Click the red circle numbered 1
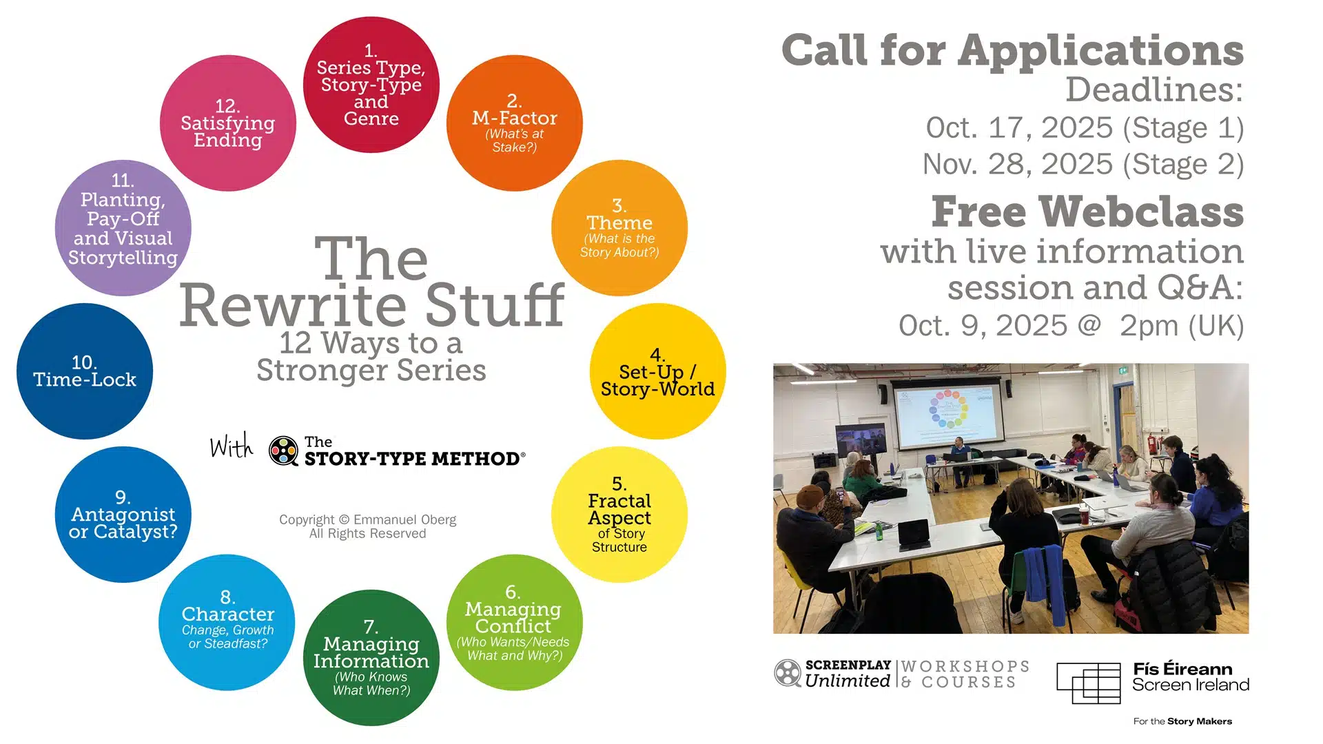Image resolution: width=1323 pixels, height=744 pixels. (371, 85)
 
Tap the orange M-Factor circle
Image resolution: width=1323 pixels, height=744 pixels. (514, 123)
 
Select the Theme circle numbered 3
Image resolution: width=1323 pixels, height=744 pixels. (619, 228)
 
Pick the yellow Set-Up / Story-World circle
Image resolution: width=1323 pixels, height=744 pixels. (657, 371)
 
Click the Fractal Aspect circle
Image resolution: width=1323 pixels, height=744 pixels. (619, 515)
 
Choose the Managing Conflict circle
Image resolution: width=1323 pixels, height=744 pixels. (514, 622)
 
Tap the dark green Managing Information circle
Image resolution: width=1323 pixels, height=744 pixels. (371, 658)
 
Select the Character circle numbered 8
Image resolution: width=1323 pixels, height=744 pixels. (227, 622)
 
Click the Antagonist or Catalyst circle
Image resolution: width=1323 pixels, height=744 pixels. (123, 515)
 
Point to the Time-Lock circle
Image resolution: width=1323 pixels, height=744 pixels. (84, 371)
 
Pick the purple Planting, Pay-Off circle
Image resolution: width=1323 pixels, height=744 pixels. (123, 228)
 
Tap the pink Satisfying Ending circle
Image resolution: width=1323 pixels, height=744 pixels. (227, 123)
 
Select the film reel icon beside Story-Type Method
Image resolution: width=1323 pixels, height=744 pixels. (283, 451)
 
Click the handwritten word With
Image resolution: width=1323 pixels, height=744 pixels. (232, 446)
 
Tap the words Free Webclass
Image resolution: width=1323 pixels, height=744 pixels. (1087, 211)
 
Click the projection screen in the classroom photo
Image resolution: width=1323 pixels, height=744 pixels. (947, 413)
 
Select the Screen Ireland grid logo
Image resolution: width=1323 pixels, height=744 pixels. (1088, 683)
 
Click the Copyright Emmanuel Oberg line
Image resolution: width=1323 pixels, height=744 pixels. (367, 519)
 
